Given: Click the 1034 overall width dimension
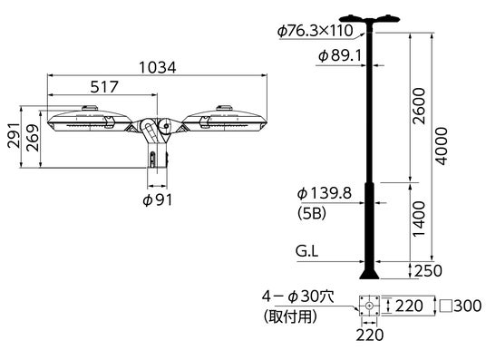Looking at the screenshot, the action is [158, 67].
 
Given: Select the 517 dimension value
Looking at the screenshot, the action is [104, 86].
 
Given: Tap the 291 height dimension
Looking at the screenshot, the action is [14, 135].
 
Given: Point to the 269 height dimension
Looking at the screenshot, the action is [33, 138].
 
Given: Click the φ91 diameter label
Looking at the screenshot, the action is [157, 199].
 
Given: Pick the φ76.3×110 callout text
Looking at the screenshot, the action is [316, 31].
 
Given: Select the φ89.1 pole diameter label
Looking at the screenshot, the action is [340, 56].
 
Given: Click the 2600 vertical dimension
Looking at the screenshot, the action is [420, 106].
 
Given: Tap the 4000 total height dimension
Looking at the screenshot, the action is [441, 146].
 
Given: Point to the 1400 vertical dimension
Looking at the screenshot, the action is [420, 219].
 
